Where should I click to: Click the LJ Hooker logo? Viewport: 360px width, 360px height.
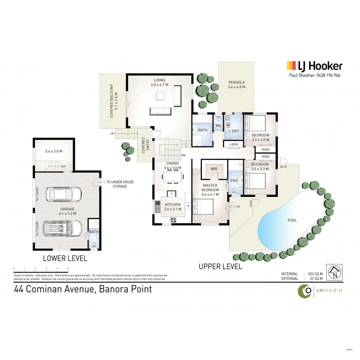(314, 66)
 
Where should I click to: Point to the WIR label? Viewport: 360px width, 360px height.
(214, 169)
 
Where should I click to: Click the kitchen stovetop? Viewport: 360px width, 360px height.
(174, 220)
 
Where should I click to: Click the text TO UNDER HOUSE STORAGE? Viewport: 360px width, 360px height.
(120, 184)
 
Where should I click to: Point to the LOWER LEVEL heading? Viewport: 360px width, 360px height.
(65, 258)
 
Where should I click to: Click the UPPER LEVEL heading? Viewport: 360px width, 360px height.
(220, 266)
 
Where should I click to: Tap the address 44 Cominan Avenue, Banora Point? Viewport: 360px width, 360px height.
(83, 289)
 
